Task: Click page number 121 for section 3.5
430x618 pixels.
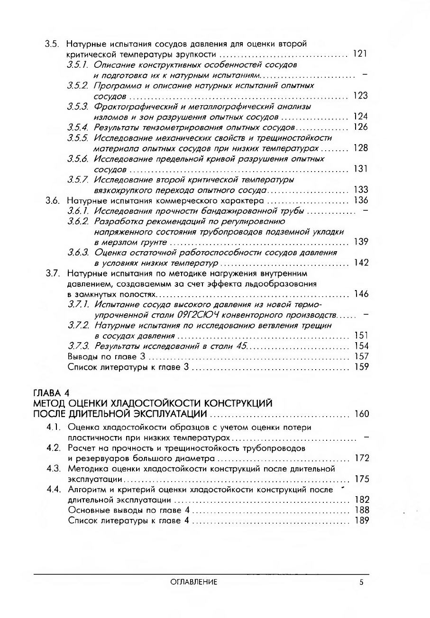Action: point(360,54)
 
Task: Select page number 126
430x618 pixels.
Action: point(360,127)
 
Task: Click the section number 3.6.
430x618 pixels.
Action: point(52,200)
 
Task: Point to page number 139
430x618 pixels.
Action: point(360,242)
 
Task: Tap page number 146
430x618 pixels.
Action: point(360,294)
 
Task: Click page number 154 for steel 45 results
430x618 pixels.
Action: point(360,346)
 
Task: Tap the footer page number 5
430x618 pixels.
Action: point(361,582)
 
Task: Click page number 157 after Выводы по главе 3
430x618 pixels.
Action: point(360,356)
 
